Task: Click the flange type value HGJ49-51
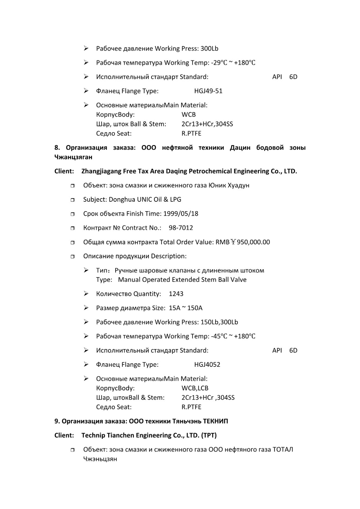(208, 91)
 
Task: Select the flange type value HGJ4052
(207, 365)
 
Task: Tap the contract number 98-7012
(181, 228)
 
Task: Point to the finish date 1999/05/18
(181, 214)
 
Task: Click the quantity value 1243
(176, 294)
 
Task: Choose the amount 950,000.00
(253, 242)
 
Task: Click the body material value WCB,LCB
(195, 388)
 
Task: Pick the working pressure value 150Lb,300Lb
(219, 322)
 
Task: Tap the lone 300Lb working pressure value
(209, 49)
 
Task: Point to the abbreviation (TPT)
(209, 436)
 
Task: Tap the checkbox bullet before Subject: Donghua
(73, 200)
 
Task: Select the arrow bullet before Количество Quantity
(86, 294)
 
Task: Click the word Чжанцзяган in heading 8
(73, 157)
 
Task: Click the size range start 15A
(175, 308)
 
